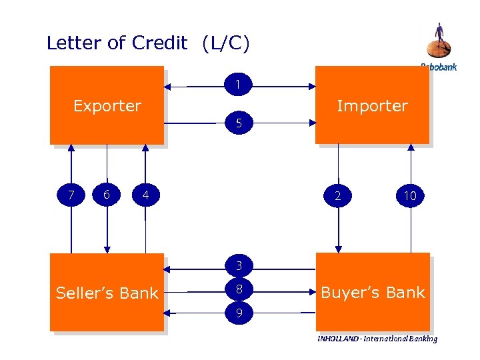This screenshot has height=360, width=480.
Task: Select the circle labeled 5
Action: pos(239,123)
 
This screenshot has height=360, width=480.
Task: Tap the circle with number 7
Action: pos(70,195)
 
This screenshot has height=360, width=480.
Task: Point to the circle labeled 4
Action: pos(145,196)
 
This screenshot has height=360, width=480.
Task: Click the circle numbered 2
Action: pos(338,195)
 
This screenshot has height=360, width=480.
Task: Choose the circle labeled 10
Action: pos(410,195)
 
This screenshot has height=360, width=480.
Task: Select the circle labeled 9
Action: pos(239,311)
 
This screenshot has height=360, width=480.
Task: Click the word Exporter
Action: pos(107,106)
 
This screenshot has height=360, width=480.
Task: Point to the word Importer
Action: pos(372,106)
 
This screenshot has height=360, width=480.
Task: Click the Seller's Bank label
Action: pos(107,293)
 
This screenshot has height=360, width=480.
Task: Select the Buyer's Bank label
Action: pos(373,293)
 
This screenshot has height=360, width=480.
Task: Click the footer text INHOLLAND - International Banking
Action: pos(377,339)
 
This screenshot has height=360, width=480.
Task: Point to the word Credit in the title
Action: pos(160,43)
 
